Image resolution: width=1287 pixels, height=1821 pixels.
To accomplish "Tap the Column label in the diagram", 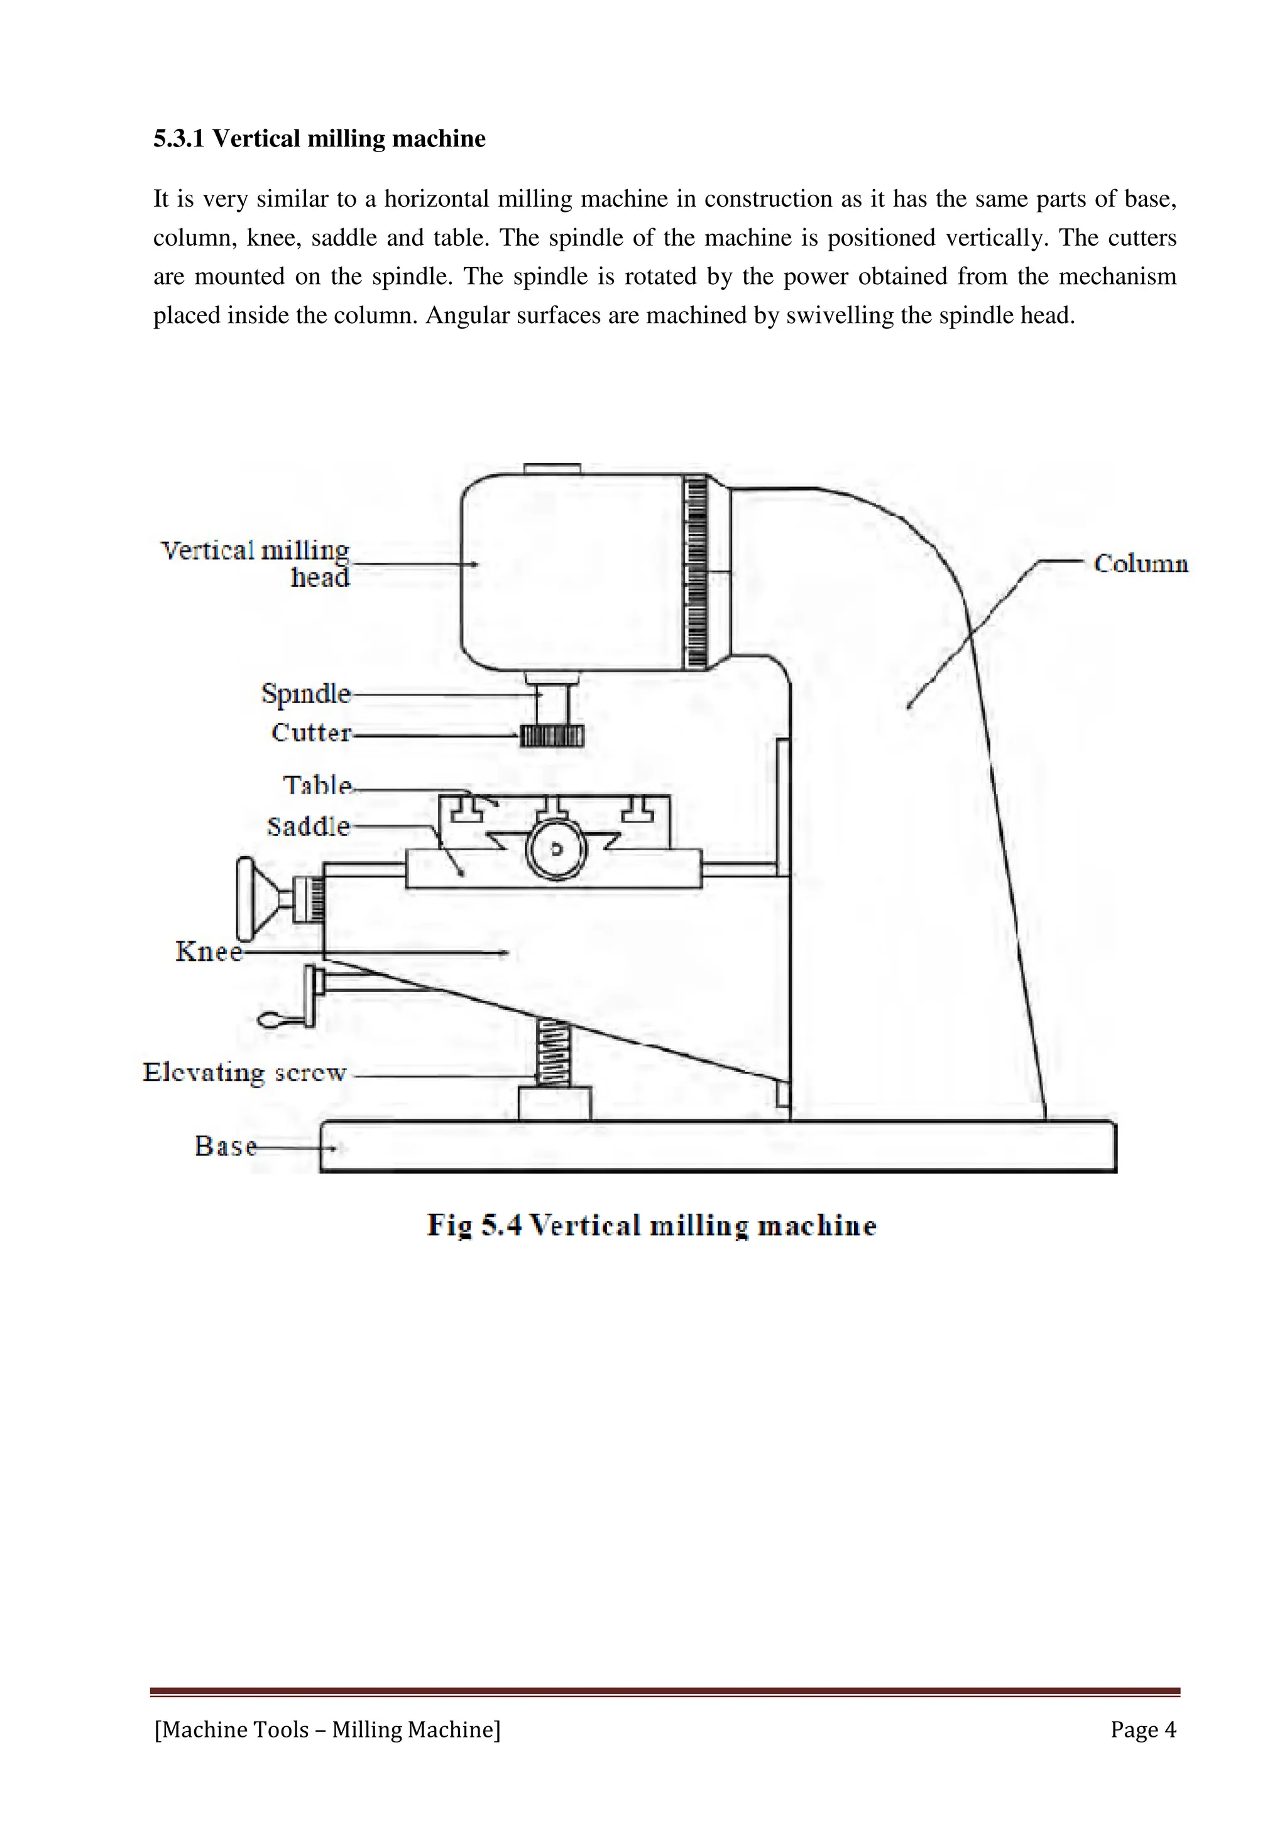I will coord(1141,563).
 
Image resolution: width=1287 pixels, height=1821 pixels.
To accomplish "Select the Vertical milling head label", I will coord(255,563).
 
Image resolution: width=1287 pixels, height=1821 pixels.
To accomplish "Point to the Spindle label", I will coord(306,693).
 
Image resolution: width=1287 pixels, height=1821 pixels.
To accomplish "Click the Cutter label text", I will coord(311,732).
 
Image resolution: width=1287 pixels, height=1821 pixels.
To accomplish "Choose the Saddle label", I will coord(309,826).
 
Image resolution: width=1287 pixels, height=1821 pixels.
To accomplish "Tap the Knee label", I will coord(209,951).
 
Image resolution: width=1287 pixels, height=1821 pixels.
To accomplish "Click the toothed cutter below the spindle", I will coord(552,736).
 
